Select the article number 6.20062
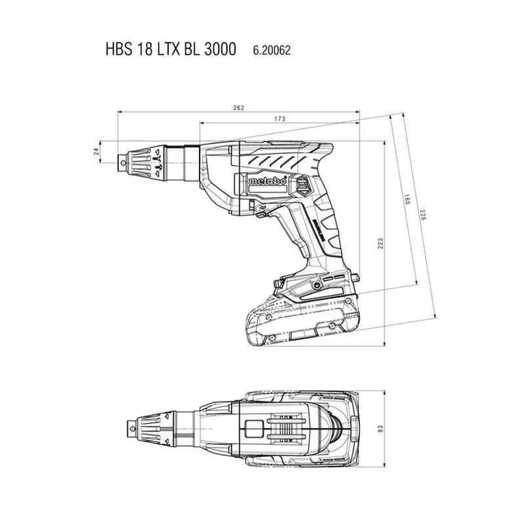272,51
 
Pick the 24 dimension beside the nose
96,155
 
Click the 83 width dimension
381,429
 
